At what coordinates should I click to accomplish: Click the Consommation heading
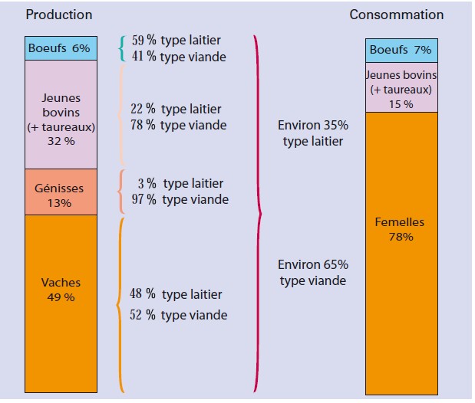tap(396, 15)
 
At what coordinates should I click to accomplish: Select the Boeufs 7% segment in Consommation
tap(401, 50)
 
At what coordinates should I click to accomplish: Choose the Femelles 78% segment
tap(401, 230)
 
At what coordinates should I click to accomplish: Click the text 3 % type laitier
tap(179, 185)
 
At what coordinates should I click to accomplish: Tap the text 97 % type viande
tap(178, 199)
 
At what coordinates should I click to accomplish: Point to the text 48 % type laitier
tap(176, 294)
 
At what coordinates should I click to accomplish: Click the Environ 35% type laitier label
tap(313, 133)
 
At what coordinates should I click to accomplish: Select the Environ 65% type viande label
tap(313, 272)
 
